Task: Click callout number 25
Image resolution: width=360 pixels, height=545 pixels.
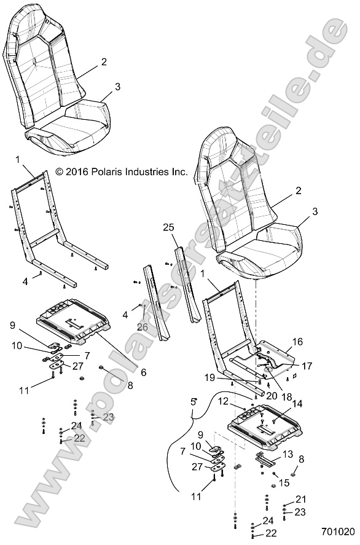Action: (168, 227)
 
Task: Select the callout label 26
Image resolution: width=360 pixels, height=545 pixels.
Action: (142, 327)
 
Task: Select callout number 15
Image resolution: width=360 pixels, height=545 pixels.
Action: (284, 484)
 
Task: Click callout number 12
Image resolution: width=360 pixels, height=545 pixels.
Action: (240, 402)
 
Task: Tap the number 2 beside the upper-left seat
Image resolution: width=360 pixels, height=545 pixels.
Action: (104, 61)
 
